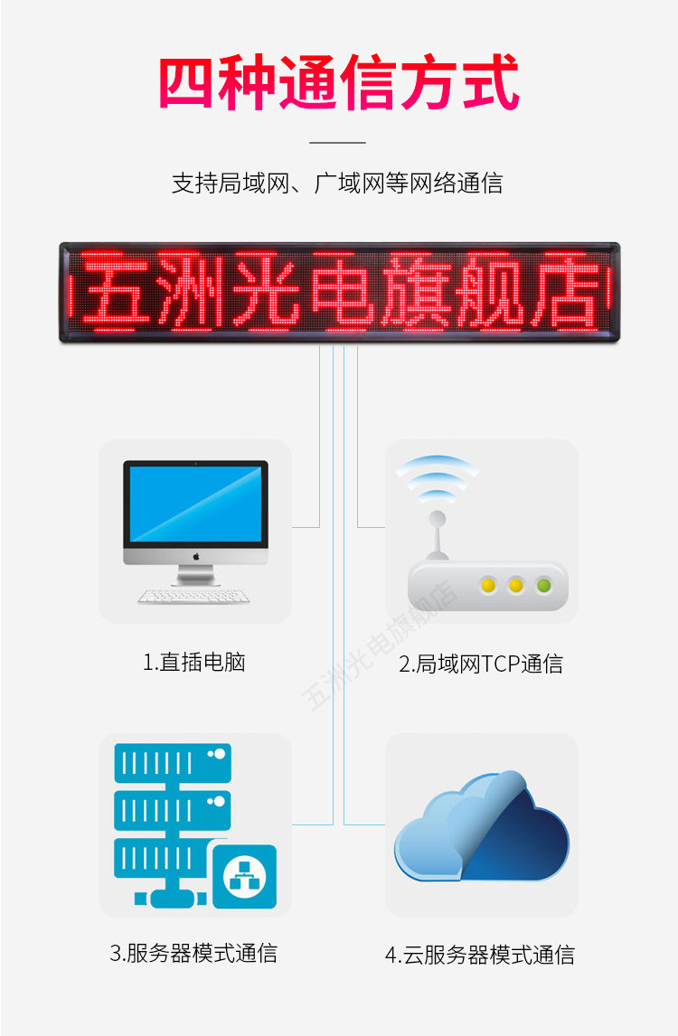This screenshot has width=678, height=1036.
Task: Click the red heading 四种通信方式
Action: (x=339, y=83)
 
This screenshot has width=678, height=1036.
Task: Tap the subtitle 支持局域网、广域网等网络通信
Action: (x=337, y=184)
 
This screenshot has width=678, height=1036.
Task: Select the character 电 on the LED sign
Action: (x=340, y=291)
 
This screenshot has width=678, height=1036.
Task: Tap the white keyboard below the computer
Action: (x=194, y=597)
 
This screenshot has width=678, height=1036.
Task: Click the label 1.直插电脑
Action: (x=194, y=663)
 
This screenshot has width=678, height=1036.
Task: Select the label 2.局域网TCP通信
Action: (x=481, y=664)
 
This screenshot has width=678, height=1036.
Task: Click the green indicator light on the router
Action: (x=544, y=585)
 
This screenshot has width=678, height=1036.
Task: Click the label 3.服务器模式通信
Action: (x=193, y=953)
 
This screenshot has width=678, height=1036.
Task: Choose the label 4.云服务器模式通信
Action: (x=479, y=955)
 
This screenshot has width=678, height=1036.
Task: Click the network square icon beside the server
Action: (x=244, y=876)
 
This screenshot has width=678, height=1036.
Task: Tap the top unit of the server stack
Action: (x=173, y=762)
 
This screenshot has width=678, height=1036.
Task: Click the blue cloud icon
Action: (x=482, y=827)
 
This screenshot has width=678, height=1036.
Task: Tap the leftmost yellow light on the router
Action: (x=489, y=585)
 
